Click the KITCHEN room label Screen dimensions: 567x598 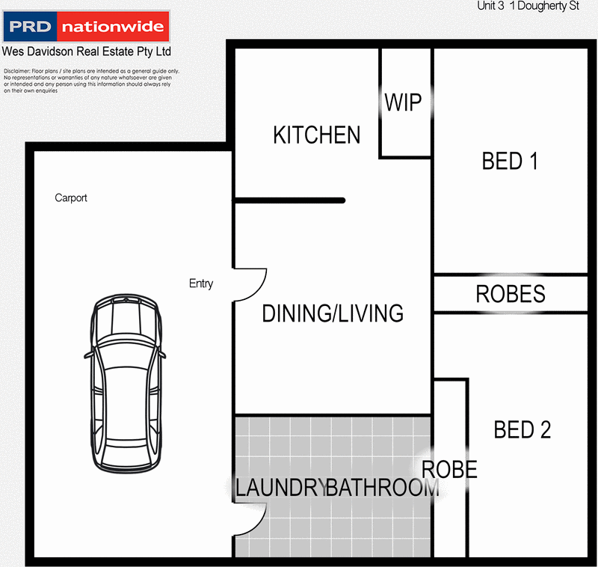316,135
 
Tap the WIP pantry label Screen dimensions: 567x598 403,102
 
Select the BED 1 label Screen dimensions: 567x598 510,161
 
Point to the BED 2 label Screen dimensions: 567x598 522,430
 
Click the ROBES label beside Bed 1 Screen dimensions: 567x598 511,295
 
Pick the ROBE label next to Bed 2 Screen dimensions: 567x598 450,470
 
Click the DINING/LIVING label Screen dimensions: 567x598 333,313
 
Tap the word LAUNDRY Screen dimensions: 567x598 280,488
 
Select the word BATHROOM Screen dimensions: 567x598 382,488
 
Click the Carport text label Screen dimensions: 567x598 71,198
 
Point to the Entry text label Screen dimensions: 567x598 201,284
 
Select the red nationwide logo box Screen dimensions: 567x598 112,28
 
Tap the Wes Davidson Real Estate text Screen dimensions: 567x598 87,52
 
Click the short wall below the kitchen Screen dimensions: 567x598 289,200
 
